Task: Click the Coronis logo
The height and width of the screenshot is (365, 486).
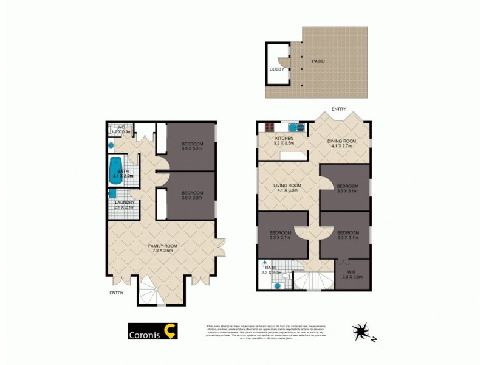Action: [152, 333]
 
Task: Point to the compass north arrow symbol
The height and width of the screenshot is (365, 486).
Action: [363, 332]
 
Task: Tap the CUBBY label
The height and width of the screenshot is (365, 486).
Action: [276, 69]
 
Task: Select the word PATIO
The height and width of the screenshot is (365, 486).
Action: [318, 61]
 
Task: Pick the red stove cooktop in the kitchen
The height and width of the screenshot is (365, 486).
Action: [267, 127]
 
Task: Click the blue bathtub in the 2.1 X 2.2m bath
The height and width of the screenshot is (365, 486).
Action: [115, 172]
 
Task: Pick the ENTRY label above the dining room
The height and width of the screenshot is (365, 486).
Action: [338, 109]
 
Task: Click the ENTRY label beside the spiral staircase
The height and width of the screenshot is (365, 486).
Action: [116, 293]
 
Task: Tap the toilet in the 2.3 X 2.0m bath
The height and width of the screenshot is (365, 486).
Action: [285, 276]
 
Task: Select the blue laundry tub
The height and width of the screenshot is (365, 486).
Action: [113, 193]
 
